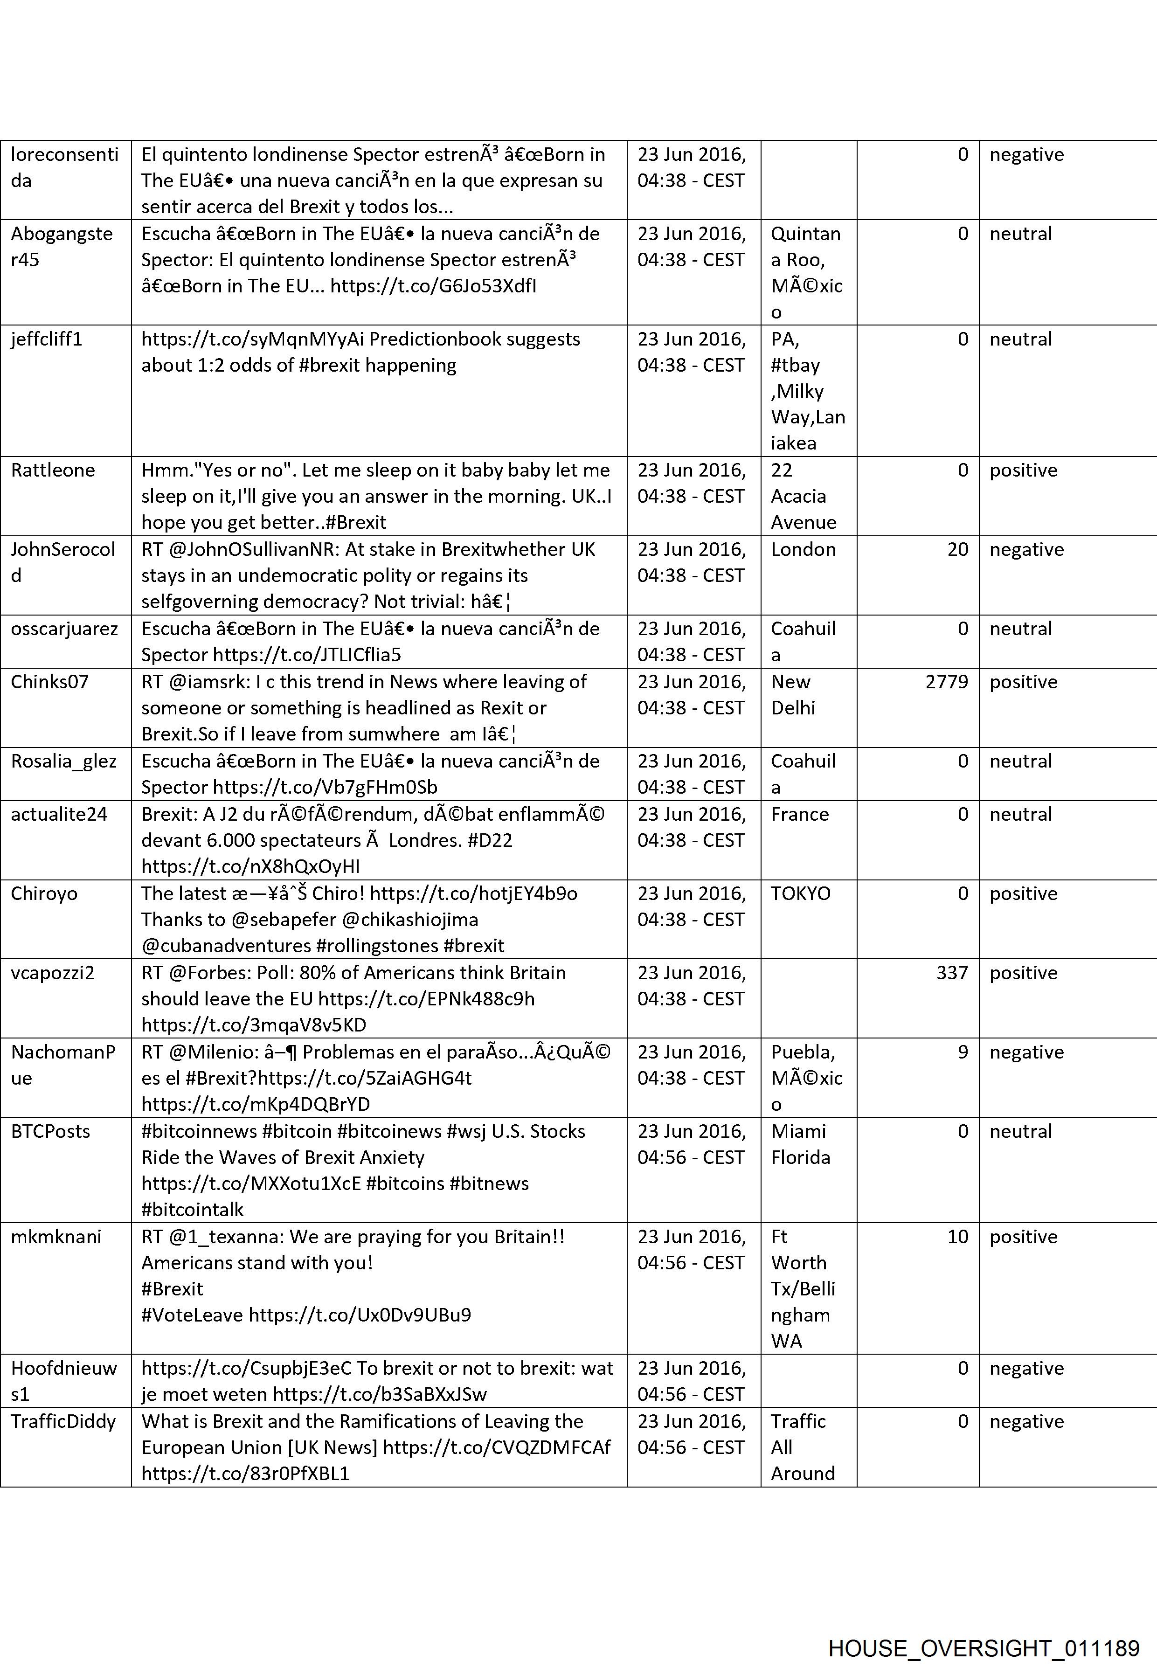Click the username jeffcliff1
(x=46, y=339)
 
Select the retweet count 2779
(x=946, y=682)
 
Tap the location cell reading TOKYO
(x=800, y=894)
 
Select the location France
(x=800, y=815)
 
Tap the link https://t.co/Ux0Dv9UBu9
(x=360, y=1315)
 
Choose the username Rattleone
(x=53, y=471)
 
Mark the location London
(x=803, y=549)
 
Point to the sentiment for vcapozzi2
(x=1023, y=973)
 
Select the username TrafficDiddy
(x=63, y=1421)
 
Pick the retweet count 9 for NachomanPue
(x=962, y=1052)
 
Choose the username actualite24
(x=59, y=815)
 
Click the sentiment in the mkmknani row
(x=1023, y=1237)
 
